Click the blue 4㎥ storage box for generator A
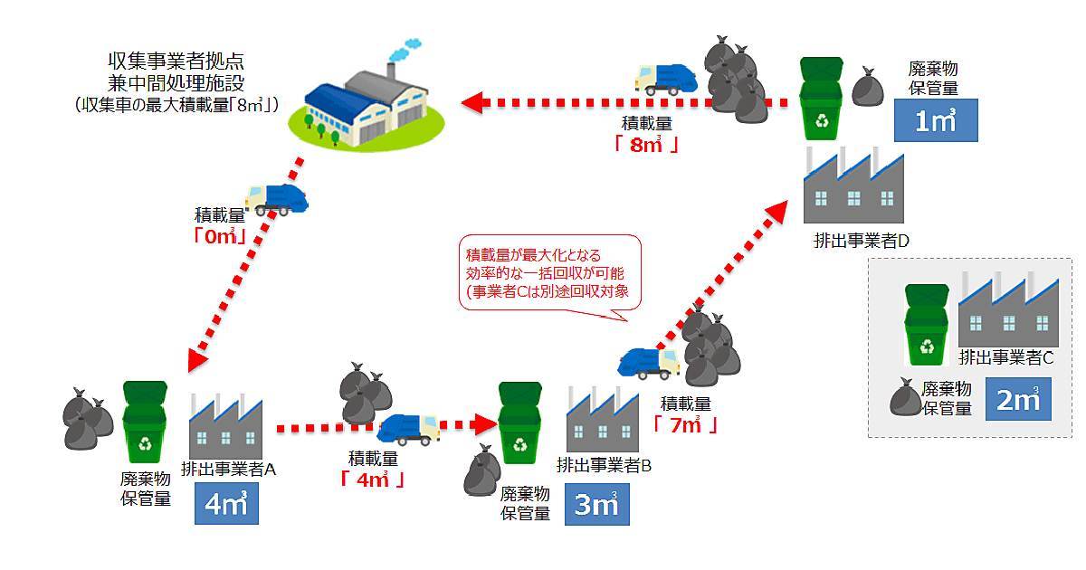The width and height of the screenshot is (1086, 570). pyautogui.click(x=226, y=505)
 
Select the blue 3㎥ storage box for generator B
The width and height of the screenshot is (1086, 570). pyautogui.click(x=596, y=505)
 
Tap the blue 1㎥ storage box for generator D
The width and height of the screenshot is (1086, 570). pyautogui.click(x=936, y=121)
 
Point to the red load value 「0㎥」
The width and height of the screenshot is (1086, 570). pyautogui.click(x=220, y=236)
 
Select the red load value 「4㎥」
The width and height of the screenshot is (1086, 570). pyautogui.click(x=372, y=480)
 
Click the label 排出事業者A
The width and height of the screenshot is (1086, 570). pyautogui.click(x=228, y=469)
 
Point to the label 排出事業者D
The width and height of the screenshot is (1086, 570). pyautogui.click(x=861, y=242)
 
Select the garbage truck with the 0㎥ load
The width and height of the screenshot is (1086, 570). pyautogui.click(x=277, y=199)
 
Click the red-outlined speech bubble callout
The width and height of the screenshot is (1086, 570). pyautogui.click(x=550, y=276)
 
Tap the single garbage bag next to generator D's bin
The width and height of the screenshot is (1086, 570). pyautogui.click(x=870, y=88)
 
